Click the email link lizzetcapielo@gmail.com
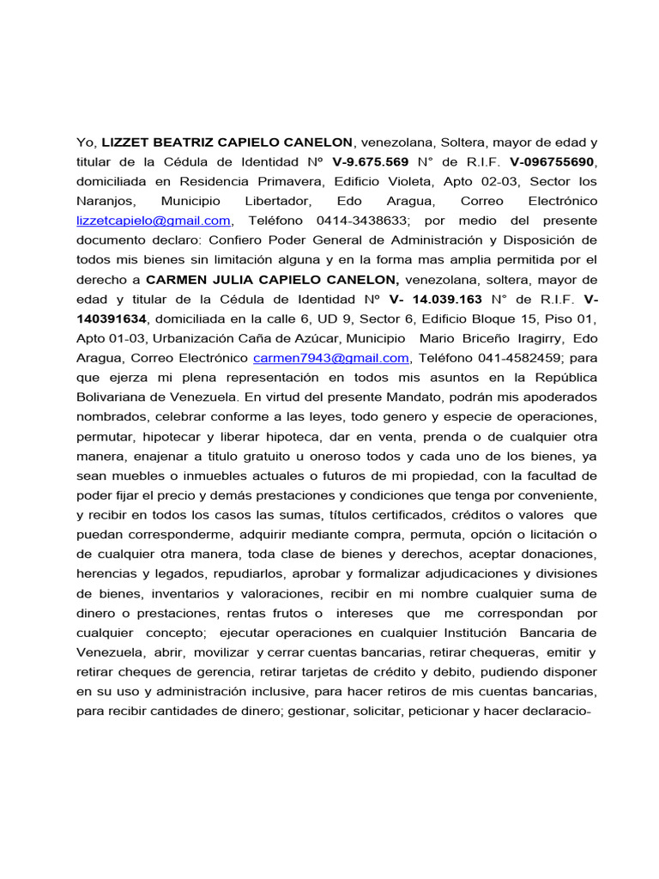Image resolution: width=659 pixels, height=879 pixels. [154, 221]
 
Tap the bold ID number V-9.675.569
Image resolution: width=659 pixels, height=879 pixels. [370, 161]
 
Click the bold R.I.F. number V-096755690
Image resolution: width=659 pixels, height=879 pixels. [553, 161]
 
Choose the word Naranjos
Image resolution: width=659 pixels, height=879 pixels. [106, 201]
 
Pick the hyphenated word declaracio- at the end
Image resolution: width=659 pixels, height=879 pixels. [549, 712]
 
